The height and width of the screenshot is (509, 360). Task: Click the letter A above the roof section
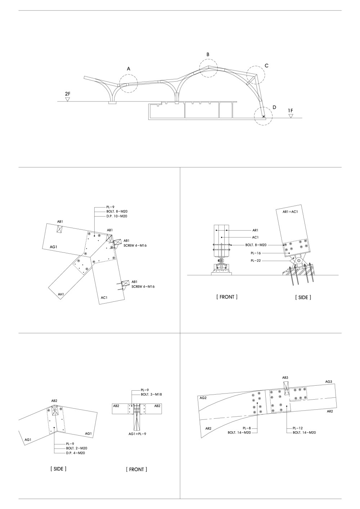click(x=129, y=69)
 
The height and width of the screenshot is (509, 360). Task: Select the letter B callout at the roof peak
click(x=208, y=54)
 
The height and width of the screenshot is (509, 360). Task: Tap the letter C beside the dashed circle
click(x=266, y=66)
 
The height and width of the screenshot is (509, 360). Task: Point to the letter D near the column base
click(x=274, y=107)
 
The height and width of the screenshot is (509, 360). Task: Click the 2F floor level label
click(x=68, y=94)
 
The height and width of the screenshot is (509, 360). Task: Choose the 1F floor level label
click(x=291, y=111)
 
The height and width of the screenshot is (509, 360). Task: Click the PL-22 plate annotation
click(x=256, y=261)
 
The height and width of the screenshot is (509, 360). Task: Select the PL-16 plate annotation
click(x=256, y=253)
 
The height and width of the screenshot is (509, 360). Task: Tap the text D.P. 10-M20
click(x=117, y=216)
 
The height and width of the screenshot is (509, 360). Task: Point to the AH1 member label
click(x=61, y=294)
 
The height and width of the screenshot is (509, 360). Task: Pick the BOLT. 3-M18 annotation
click(x=151, y=394)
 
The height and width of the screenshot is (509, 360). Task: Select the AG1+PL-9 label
click(x=137, y=434)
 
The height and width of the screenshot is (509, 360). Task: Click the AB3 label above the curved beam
click(x=285, y=378)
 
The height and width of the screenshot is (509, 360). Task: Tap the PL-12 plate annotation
click(x=298, y=428)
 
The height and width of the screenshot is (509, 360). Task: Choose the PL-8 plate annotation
click(x=247, y=428)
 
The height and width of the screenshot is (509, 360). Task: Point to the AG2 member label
click(x=203, y=397)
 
